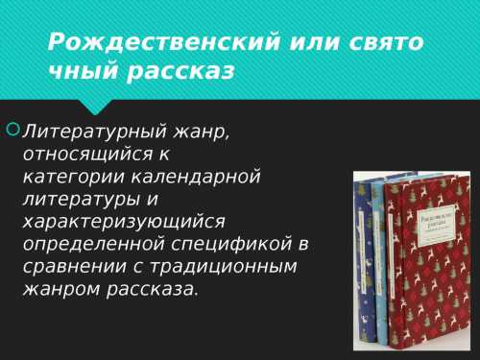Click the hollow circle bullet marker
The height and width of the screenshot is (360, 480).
point(12,127)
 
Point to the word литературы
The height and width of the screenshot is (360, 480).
point(77,199)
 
